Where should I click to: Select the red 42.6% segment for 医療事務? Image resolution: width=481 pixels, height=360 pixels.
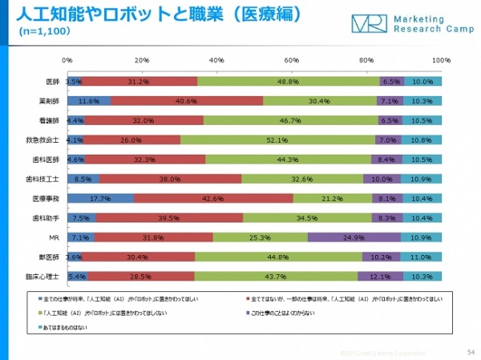[213, 198]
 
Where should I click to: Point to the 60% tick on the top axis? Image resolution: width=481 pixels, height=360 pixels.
[292, 61]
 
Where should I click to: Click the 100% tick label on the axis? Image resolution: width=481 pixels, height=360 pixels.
[441, 61]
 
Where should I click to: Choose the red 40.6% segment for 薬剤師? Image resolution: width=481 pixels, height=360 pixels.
[187, 101]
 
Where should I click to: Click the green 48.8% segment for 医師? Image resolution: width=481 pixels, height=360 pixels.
[289, 81]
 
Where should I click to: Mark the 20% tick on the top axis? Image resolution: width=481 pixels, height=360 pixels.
[142, 61]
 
